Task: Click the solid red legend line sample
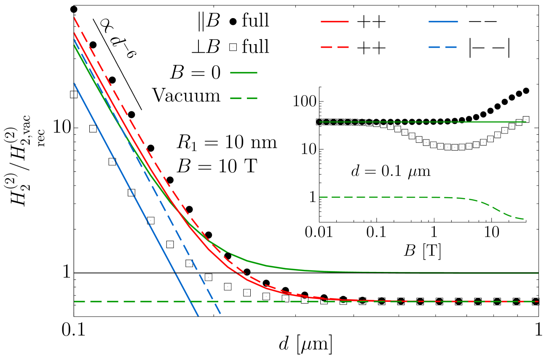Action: (x=335, y=21)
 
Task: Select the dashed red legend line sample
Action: (x=335, y=47)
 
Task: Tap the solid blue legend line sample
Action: (x=443, y=21)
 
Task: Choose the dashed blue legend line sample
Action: (x=443, y=47)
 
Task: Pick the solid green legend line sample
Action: (x=244, y=72)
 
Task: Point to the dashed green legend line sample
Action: (x=244, y=98)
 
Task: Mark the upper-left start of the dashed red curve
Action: (x=74, y=18)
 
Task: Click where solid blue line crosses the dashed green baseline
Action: (x=191, y=301)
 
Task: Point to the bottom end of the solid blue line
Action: (x=198, y=315)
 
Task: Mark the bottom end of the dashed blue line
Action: (x=220, y=314)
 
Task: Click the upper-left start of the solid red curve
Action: (x=74, y=33)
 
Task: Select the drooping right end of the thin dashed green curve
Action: (x=523, y=219)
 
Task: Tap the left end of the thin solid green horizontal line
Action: (x=320, y=122)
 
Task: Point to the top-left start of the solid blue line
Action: (x=74, y=83)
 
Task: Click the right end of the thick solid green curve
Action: (x=538, y=273)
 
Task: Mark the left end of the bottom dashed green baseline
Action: (x=75, y=301)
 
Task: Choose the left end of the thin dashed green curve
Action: (x=320, y=197)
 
